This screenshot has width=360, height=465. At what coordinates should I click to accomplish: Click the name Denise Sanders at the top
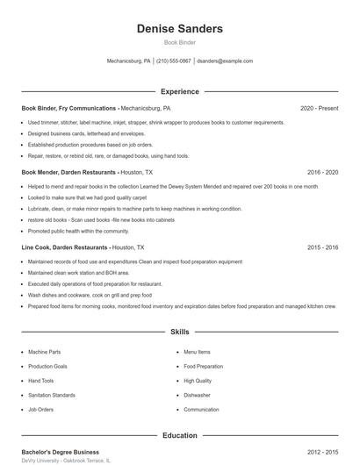pos(179,29)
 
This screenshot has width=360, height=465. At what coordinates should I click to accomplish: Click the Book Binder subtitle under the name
pos(179,43)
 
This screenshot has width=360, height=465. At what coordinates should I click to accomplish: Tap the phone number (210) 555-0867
pos(173,61)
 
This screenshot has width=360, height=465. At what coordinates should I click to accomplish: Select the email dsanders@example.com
pos(225,61)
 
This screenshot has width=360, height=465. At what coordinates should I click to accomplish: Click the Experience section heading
pos(179,91)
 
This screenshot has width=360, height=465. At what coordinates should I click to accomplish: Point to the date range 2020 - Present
pos(319,108)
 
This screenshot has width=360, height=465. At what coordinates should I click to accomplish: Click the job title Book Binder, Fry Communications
pos(68,108)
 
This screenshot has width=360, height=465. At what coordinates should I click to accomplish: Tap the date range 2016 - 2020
pos(322,173)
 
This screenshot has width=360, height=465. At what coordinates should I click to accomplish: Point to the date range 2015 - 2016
pos(322,247)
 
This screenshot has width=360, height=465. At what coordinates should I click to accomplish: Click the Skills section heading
pos(179,333)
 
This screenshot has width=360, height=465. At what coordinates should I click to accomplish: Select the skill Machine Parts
pos(44,352)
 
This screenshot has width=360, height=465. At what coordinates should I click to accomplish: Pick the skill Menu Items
pos(197,352)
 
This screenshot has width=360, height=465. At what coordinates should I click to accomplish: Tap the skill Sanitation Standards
pos(51,395)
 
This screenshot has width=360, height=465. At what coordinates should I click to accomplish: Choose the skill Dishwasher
pos(197,395)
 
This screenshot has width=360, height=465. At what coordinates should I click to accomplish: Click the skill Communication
pos(201,410)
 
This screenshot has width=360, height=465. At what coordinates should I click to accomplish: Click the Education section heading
pos(179,435)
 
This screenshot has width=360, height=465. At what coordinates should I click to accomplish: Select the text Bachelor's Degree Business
pos(60,452)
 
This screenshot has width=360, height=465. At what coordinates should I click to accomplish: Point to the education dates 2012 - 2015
pos(322,452)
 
